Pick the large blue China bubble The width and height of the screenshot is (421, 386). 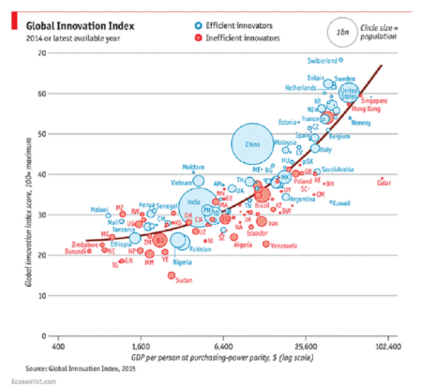point(250,145)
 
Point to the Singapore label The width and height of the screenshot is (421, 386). point(375,99)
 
